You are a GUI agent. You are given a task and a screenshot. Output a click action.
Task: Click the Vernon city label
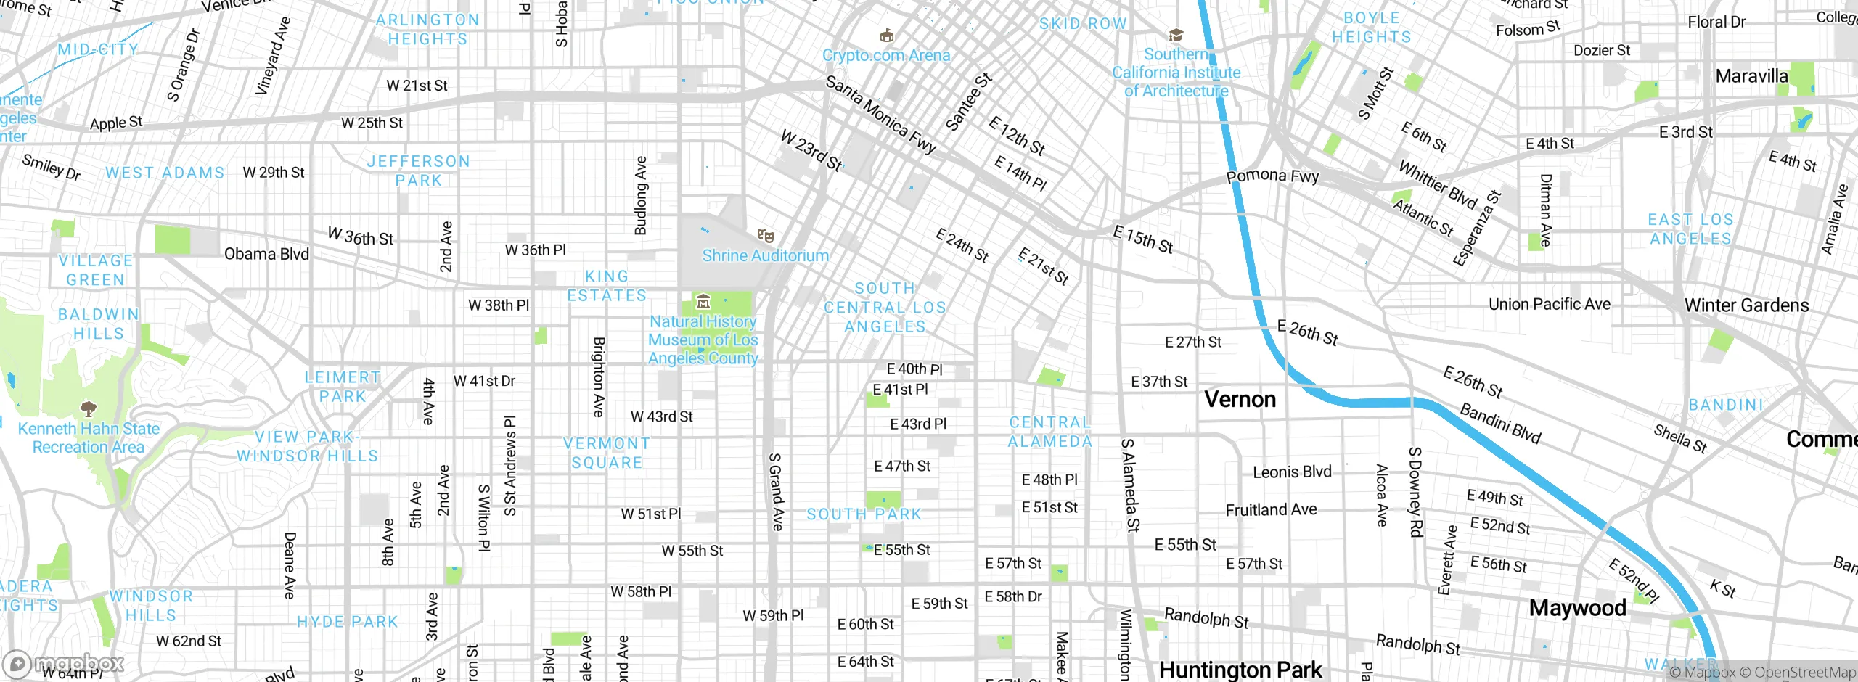tap(1240, 399)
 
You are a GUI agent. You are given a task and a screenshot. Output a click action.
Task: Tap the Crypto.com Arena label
tap(885, 55)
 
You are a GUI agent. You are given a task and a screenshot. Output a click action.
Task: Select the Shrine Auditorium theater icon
tap(765, 236)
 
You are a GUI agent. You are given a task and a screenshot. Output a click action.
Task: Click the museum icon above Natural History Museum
tap(703, 302)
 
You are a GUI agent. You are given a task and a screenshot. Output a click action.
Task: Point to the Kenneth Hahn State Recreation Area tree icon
tap(89, 408)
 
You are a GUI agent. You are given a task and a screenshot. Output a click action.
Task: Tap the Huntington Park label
tap(1240, 670)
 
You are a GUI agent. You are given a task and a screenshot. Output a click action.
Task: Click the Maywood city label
tap(1577, 608)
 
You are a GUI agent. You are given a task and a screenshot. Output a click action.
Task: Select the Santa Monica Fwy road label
tap(880, 115)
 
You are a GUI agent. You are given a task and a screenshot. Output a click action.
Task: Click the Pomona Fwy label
tap(1272, 176)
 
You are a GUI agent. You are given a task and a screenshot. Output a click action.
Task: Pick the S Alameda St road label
tap(1130, 485)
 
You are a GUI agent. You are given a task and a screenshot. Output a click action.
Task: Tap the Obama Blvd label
tap(266, 254)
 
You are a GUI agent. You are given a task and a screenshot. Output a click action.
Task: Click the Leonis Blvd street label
tap(1292, 472)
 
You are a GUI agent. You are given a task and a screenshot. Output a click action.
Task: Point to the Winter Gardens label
tap(1746, 305)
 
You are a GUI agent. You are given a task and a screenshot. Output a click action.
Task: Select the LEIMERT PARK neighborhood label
tap(343, 387)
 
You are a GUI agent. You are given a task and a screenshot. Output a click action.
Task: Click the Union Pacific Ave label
tap(1549, 304)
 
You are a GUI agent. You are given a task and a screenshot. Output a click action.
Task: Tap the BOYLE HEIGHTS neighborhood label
tap(1371, 28)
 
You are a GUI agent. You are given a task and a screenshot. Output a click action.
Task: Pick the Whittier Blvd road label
tap(1437, 185)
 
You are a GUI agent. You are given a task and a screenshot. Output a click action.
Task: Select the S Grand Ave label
tap(776, 491)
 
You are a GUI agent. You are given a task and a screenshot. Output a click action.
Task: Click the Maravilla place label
tap(1751, 76)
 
